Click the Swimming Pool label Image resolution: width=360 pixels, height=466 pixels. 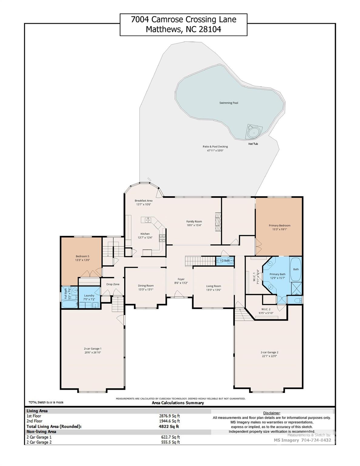click(x=229, y=103)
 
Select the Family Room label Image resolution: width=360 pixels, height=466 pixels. click(x=194, y=221)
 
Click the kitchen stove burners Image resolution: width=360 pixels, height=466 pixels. click(x=163, y=238)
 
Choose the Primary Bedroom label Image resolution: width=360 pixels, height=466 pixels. click(x=279, y=225)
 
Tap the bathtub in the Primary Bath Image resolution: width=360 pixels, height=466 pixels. click(x=296, y=269)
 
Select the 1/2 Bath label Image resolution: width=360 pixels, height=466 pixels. click(x=224, y=261)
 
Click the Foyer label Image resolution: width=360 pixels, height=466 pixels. click(x=181, y=279)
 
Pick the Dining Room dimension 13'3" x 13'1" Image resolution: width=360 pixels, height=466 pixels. click(x=146, y=289)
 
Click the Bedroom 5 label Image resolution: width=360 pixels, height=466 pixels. click(x=82, y=256)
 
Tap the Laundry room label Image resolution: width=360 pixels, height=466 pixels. click(x=89, y=295)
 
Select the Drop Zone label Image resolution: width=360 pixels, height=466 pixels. click(x=113, y=284)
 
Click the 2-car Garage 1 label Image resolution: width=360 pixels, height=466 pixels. click(x=93, y=349)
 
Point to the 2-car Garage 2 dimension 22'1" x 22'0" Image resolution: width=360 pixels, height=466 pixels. click(x=269, y=356)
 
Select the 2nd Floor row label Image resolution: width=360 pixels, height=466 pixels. click(x=35, y=421)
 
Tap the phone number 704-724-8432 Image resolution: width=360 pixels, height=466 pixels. click(x=316, y=440)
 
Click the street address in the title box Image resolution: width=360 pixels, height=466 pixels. click(x=183, y=20)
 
